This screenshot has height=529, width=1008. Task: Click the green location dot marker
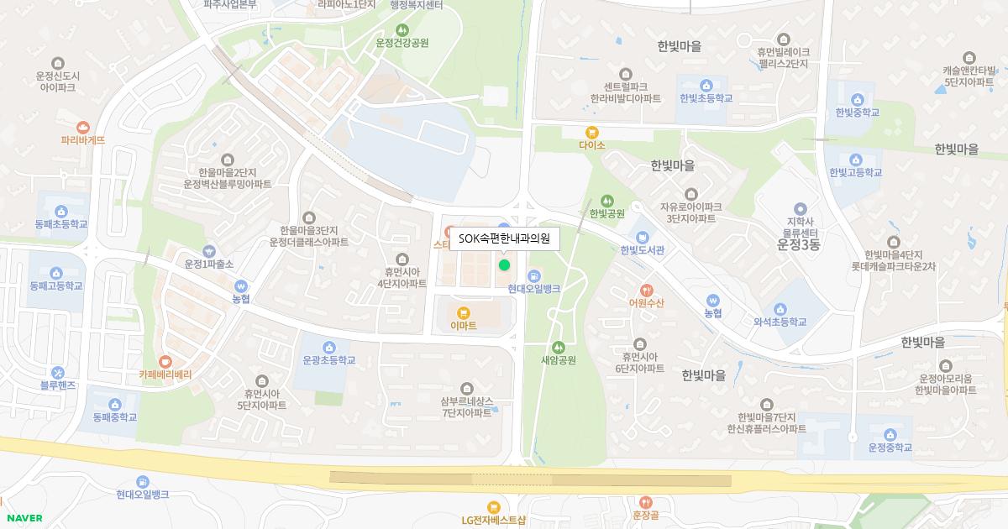tap(504, 264)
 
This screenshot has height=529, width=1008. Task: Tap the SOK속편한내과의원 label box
tap(504, 238)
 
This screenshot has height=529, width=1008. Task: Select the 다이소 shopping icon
tap(592, 132)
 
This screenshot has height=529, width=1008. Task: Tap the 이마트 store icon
tap(463, 312)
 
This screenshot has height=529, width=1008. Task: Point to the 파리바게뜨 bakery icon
tap(82, 127)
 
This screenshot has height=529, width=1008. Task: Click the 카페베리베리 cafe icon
tap(165, 362)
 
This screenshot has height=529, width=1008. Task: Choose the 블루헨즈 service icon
tap(57, 372)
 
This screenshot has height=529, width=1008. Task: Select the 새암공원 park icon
tap(559, 347)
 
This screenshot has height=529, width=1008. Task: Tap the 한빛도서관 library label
tap(643, 249)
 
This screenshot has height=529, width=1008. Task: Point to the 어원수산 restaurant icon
tap(646, 290)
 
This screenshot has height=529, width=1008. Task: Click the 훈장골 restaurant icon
tap(645, 502)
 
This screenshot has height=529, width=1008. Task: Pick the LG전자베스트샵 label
tap(493, 520)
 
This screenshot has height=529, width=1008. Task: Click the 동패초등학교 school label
tap(61, 224)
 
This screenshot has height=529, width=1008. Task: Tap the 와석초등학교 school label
tap(780, 322)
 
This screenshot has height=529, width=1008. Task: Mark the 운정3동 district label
tap(798, 245)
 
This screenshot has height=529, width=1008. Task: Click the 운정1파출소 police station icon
tap(209, 250)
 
